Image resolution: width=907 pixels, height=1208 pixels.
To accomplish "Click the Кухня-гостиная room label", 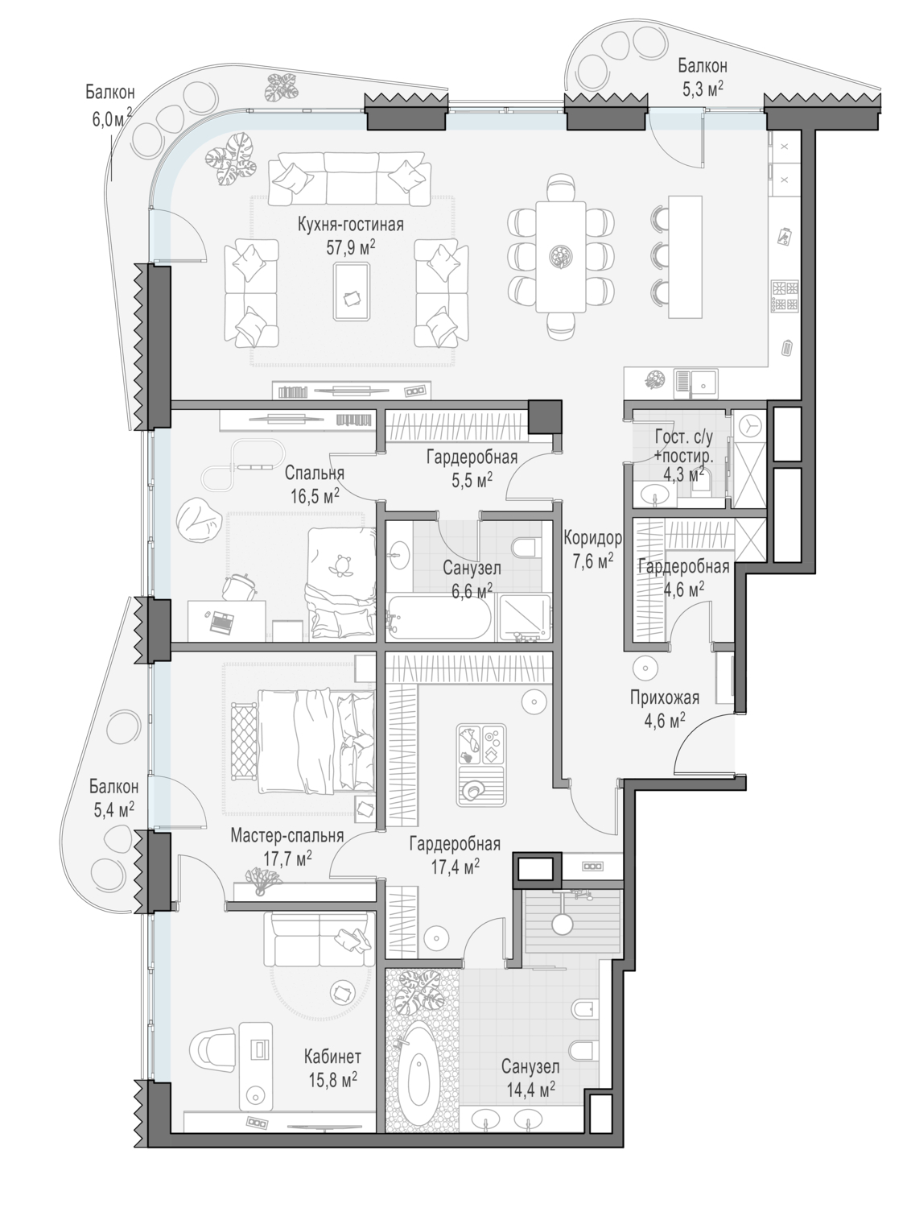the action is [350, 225].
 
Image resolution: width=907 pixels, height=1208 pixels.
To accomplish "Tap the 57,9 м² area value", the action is [350, 247].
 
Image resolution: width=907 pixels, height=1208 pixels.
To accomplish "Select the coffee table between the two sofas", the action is [352, 292].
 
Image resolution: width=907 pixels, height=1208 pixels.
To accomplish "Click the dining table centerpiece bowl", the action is [561, 256].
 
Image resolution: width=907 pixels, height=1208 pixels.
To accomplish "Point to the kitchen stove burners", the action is [785, 296].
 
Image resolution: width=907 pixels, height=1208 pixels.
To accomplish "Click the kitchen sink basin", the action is [704, 381].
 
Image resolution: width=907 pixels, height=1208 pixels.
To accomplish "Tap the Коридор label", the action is [592, 538].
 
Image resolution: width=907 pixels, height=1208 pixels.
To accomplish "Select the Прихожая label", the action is [665, 698].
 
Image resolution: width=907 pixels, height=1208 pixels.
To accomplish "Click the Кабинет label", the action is [332, 1057].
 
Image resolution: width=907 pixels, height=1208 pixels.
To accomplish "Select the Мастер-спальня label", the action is [287, 836].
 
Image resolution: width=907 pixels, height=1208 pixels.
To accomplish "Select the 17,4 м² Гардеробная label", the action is [455, 855].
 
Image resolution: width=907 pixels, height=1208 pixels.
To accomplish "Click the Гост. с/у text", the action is [684, 438].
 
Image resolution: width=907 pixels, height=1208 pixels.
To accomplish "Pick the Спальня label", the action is [315, 474].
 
